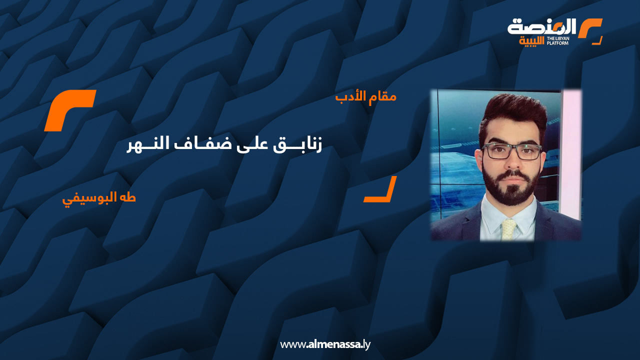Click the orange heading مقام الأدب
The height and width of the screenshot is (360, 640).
[x=365, y=96]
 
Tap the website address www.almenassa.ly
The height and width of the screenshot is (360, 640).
[x=325, y=344]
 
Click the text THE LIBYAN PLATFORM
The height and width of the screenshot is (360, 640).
[x=558, y=41]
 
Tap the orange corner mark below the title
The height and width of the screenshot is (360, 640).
[x=380, y=189]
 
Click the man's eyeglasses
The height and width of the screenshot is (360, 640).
[x=512, y=150]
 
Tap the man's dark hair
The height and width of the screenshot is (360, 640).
[x=512, y=112]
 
